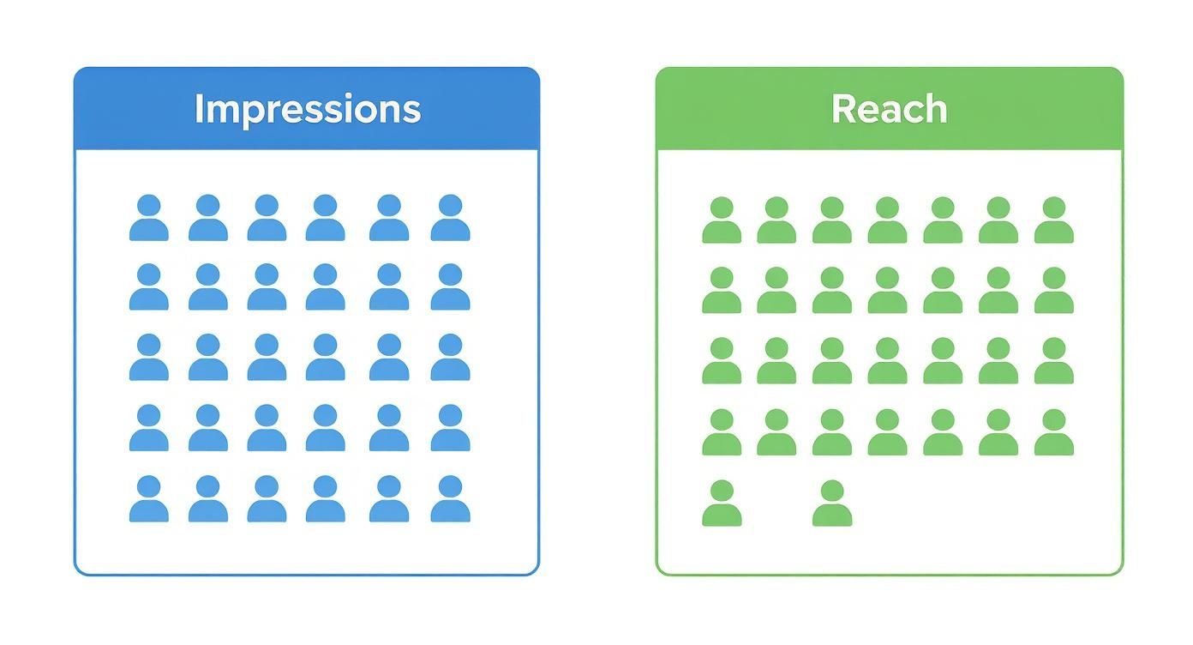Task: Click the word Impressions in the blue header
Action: pos(307,109)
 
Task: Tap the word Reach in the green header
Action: pos(889,109)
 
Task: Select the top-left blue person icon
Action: pos(149,219)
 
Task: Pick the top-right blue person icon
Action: pos(450,219)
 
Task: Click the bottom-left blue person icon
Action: pos(149,499)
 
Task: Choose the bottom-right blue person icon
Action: pos(450,499)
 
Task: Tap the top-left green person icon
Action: pos(722,221)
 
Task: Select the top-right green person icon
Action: pos(1053,221)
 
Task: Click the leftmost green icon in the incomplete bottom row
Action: pos(722,503)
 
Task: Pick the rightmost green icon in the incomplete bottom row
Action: pos(832,503)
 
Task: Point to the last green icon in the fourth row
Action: pos(1053,433)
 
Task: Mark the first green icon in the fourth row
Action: pos(722,433)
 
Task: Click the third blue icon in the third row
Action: pos(267,358)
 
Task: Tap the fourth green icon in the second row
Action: pos(887,292)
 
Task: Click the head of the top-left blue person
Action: pos(149,206)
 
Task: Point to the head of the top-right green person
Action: pos(1053,208)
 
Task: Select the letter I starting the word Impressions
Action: pos(198,109)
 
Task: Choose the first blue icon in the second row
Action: pos(149,287)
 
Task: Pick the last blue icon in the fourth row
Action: pos(450,428)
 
